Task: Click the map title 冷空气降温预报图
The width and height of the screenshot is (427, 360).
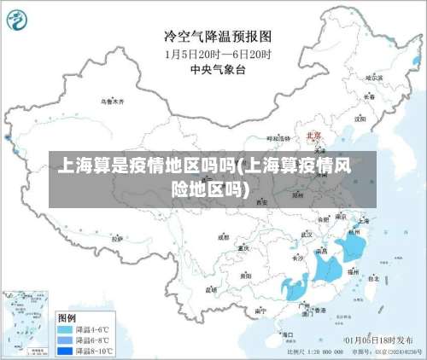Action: (218, 36)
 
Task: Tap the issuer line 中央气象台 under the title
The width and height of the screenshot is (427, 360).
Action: (218, 68)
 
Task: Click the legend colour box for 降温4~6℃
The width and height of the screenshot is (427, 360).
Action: (65, 328)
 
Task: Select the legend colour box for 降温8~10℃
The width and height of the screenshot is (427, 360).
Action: (65, 349)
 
